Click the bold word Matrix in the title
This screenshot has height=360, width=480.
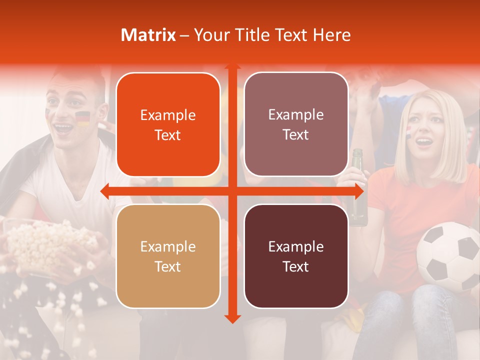pyautogui.click(x=148, y=35)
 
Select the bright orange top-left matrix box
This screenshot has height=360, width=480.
pyautogui.click(x=168, y=124)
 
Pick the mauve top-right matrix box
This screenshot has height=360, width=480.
pyautogui.click(x=296, y=124)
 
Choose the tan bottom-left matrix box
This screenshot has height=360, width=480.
pyautogui.click(x=168, y=256)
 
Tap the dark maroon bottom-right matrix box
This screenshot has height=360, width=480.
pyautogui.click(x=296, y=256)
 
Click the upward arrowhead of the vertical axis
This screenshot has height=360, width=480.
pyautogui.click(x=232, y=66)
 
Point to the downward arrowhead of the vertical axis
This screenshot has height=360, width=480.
pyautogui.click(x=232, y=318)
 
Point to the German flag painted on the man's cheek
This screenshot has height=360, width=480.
pyautogui.click(x=82, y=118)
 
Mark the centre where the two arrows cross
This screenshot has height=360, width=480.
pyautogui.click(x=232, y=191)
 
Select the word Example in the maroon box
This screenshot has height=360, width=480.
pyautogui.click(x=296, y=246)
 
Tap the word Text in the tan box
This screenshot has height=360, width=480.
pyautogui.click(x=168, y=266)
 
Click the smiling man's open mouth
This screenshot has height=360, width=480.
pyautogui.click(x=63, y=127)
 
